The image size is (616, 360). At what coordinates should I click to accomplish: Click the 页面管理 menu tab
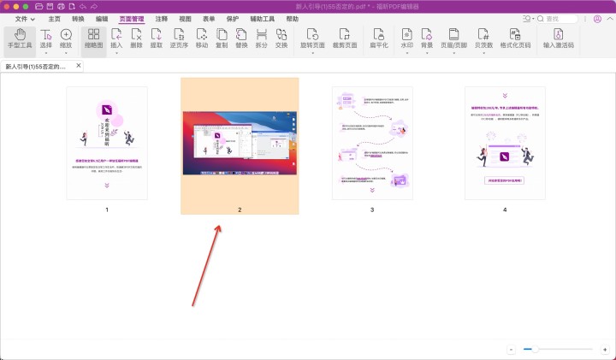(x=132, y=18)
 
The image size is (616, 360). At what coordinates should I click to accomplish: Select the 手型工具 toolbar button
(x=20, y=39)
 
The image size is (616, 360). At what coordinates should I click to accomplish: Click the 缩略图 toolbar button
(x=93, y=39)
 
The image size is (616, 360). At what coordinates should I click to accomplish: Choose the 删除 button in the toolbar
(x=137, y=39)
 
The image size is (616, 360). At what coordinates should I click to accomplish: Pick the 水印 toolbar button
(x=406, y=39)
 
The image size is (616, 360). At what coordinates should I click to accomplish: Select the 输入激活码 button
(x=558, y=39)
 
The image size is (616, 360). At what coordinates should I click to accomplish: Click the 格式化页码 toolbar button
(x=515, y=39)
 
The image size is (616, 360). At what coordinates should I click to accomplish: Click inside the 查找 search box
(x=582, y=18)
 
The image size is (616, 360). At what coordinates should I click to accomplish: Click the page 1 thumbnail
(x=107, y=143)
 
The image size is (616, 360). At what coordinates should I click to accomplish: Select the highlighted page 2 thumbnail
(x=240, y=142)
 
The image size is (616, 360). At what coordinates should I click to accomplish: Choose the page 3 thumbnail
(x=372, y=143)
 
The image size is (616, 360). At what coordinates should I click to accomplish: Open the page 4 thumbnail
(x=505, y=143)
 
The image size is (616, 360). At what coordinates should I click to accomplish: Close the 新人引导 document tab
(x=80, y=65)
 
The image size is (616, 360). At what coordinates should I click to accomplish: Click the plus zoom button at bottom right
(x=604, y=349)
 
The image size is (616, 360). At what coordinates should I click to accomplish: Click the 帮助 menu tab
(x=293, y=18)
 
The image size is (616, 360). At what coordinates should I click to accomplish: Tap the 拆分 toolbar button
(x=262, y=39)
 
